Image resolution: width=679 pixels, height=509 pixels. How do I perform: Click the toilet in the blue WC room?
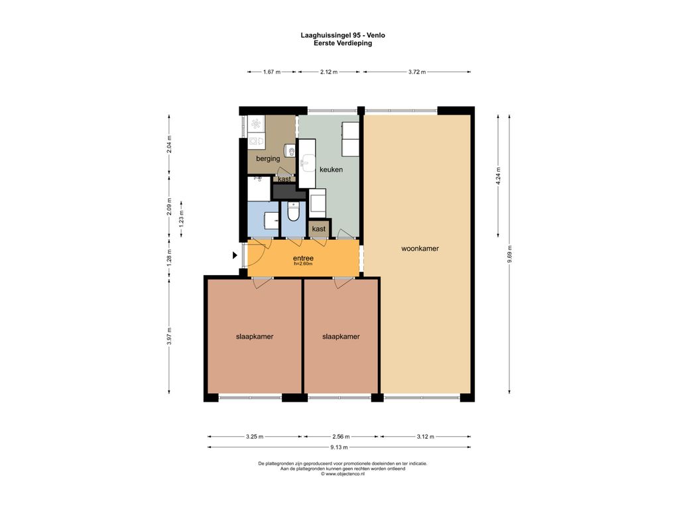[x=294, y=211]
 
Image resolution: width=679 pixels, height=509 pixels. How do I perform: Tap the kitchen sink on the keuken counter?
[x=308, y=163]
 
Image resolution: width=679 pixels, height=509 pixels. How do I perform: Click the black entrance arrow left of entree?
[x=235, y=255]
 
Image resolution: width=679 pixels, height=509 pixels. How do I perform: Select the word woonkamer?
[x=420, y=249]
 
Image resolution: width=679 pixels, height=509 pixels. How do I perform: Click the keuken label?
[x=331, y=170]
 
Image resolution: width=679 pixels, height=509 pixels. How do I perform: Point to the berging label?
[x=268, y=158]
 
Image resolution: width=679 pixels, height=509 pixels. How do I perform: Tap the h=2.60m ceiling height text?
[x=303, y=264]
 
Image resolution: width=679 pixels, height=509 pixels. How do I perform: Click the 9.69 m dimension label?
[x=509, y=254]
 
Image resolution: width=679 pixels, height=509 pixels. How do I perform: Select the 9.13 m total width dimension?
[x=339, y=447]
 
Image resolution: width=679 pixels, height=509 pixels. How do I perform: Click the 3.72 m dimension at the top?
[x=416, y=72]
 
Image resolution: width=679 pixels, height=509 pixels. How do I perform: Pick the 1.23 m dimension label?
[x=181, y=219]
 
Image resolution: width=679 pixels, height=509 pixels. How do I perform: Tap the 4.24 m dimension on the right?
[x=498, y=175]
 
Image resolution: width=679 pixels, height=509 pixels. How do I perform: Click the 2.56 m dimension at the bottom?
[x=341, y=437]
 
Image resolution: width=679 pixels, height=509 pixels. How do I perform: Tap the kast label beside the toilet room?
[x=319, y=229]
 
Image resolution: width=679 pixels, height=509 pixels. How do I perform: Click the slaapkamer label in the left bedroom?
[x=255, y=337]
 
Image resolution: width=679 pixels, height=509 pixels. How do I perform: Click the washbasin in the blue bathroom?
[x=271, y=220]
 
